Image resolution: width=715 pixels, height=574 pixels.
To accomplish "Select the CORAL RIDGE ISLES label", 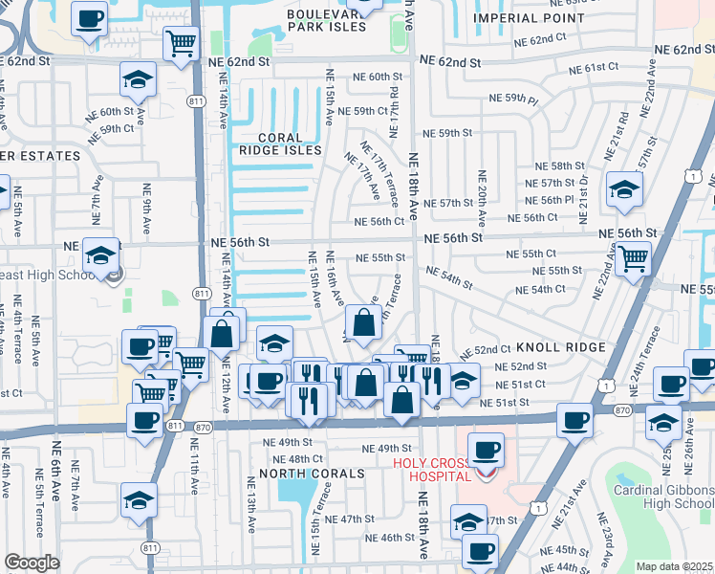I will pos(279,143).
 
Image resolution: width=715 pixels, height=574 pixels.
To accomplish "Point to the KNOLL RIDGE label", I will pos(560,347).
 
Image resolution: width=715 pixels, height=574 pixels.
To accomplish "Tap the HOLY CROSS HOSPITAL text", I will pos(431,470).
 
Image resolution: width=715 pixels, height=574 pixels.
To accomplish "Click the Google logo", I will pos(32,563).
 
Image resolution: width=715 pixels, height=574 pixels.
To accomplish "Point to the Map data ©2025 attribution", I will pos(674,566).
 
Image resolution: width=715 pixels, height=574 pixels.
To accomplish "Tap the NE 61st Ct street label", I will pos(595,68).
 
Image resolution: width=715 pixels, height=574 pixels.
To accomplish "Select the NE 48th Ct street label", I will pos(286,458).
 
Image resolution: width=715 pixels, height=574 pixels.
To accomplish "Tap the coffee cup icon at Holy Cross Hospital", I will pos(486,449).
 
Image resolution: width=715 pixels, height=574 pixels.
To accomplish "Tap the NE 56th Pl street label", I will pos(556,199).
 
